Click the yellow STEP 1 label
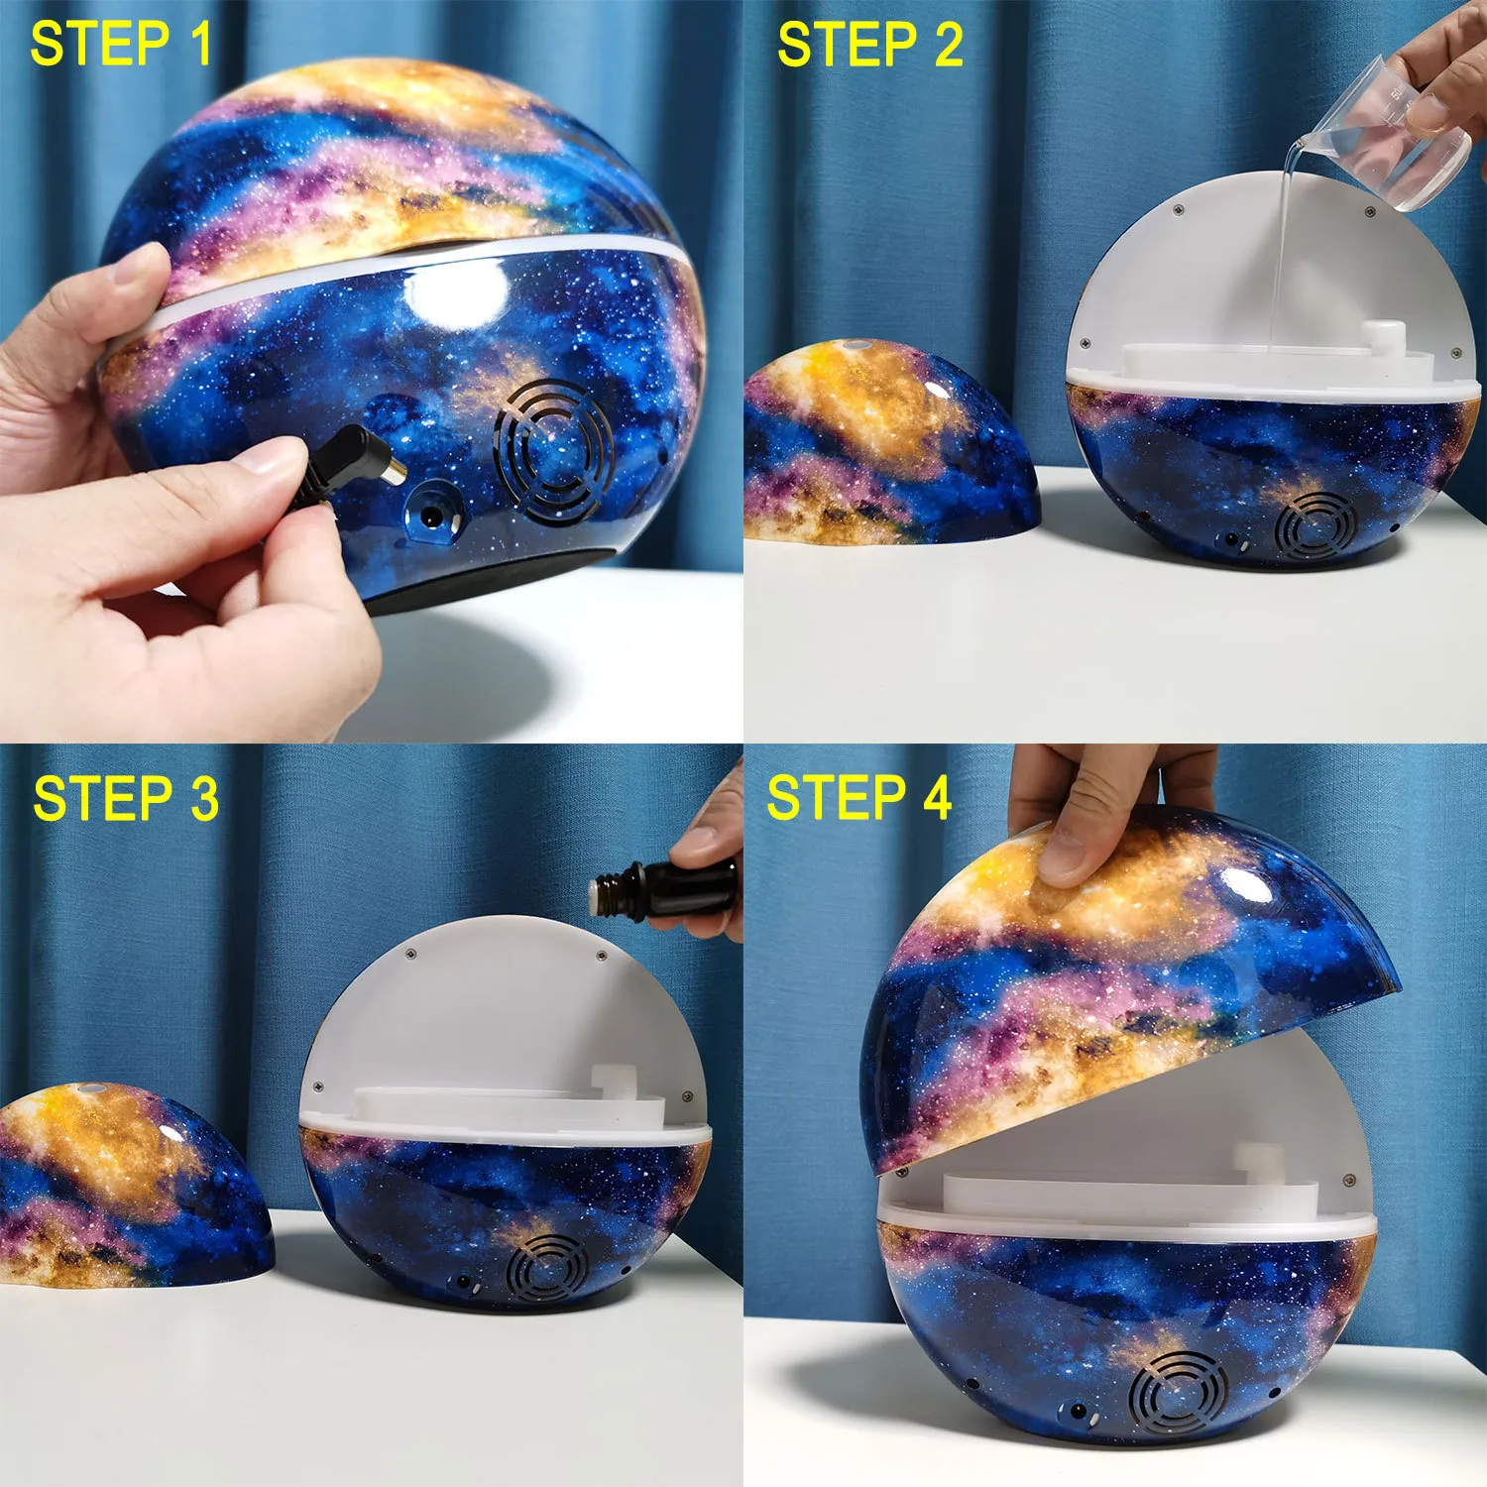tap(121, 45)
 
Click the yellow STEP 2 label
tap(870, 46)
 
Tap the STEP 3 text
tap(126, 799)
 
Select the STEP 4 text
tap(859, 799)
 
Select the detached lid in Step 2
tap(890, 443)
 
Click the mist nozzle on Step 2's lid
tap(855, 345)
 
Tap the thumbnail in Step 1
tap(277, 457)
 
